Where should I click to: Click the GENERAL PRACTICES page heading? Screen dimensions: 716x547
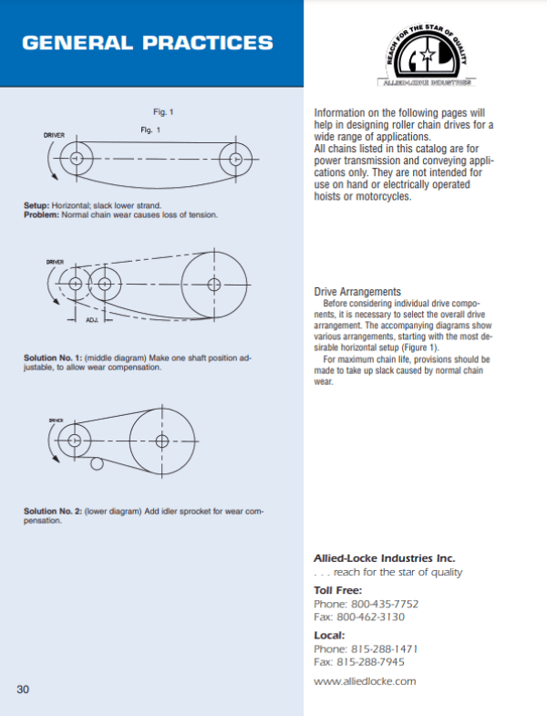point(147,43)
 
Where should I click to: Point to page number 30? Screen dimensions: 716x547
point(24,689)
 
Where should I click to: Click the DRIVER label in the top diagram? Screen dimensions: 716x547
point(54,135)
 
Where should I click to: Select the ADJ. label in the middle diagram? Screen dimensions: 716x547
point(92,320)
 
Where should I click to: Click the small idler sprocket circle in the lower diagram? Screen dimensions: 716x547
point(97,466)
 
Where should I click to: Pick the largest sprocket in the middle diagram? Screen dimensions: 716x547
point(214,284)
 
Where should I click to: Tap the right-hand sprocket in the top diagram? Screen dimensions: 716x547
point(236,159)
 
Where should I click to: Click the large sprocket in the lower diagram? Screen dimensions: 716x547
point(162,441)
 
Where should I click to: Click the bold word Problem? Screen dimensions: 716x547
point(42,215)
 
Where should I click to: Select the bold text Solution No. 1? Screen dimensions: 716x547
point(51,358)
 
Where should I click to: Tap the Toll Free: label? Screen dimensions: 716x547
point(337,590)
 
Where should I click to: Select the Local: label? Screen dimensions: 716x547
point(329,635)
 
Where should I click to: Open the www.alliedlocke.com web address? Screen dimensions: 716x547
point(365,680)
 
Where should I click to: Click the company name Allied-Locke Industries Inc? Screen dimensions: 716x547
point(384,557)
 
